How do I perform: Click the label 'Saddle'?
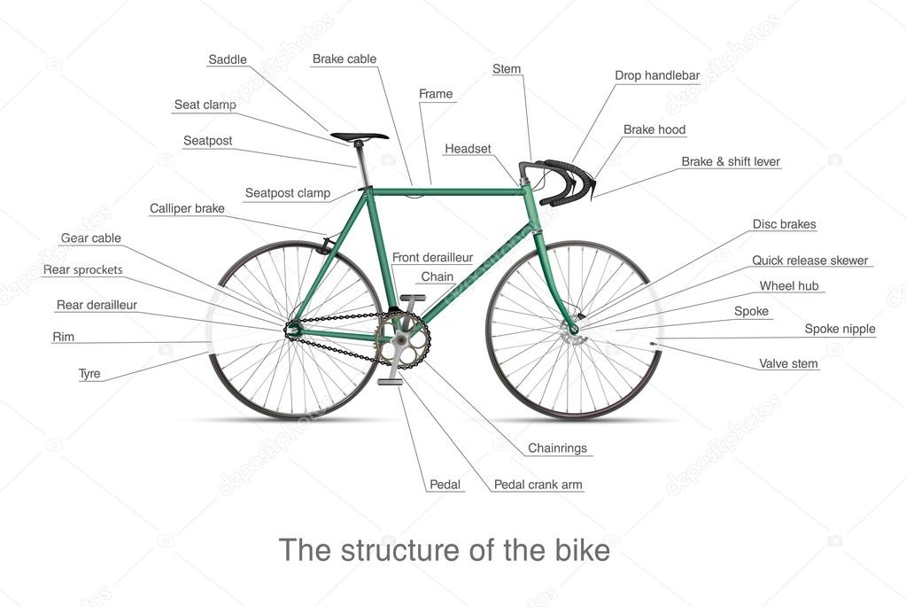click(x=227, y=59)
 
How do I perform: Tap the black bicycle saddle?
click(x=359, y=136)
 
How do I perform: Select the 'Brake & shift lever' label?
click(x=731, y=162)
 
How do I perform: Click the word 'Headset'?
click(x=468, y=149)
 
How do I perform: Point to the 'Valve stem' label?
click(x=788, y=363)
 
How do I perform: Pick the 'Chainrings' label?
click(x=557, y=448)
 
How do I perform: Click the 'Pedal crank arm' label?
click(x=538, y=485)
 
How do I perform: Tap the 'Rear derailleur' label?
click(x=97, y=305)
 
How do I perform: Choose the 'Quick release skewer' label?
click(x=809, y=261)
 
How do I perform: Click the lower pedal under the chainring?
click(x=391, y=382)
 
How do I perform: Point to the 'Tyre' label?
click(x=89, y=373)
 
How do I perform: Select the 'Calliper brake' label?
click(x=187, y=209)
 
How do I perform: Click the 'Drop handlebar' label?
click(x=657, y=75)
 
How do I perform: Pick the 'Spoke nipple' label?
click(x=840, y=329)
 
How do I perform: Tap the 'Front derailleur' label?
click(x=432, y=257)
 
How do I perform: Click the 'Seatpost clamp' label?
click(x=287, y=193)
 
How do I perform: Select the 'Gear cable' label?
click(x=90, y=238)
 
